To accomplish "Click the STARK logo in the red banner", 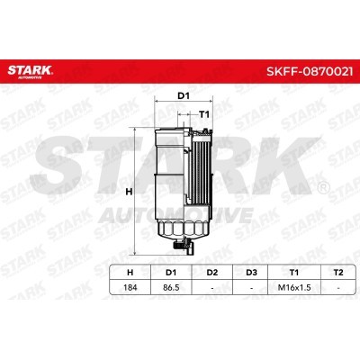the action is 30,72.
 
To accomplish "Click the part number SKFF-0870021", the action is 310,72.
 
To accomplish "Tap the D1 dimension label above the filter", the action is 184,96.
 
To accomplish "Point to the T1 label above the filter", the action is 204,114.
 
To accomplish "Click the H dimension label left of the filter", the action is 129,192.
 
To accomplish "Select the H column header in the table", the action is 130,273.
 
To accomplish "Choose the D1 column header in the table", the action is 171,273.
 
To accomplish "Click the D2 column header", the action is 212,273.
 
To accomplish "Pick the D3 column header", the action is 251,273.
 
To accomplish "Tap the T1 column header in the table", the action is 294,273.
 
